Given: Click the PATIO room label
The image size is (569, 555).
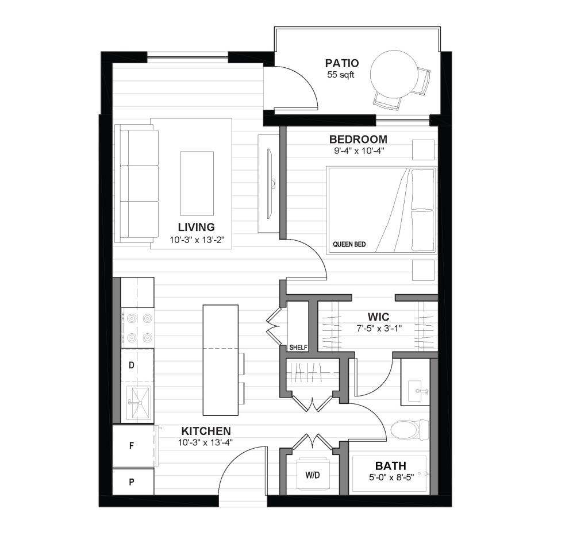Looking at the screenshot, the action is (342, 63).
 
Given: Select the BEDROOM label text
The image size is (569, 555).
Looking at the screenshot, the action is (358, 139).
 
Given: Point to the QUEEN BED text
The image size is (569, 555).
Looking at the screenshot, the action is (349, 245).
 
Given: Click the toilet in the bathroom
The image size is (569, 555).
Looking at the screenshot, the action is (410, 430).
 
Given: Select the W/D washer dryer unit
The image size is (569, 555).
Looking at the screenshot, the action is (313, 475).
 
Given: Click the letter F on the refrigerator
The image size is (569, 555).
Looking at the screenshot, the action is (132, 445).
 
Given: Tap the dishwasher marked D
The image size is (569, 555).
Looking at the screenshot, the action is (137, 365).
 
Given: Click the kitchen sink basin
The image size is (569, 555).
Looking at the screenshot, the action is (139, 402).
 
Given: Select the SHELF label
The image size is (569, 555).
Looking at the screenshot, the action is (298, 348).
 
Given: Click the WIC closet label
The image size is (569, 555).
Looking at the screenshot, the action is (378, 317).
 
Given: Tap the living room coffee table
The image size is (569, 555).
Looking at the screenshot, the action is (197, 183).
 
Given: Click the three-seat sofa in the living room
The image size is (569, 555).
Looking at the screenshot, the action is (136, 183).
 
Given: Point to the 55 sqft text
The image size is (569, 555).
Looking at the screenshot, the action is (340, 75).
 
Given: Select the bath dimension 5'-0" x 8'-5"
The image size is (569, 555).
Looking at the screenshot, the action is (391, 477).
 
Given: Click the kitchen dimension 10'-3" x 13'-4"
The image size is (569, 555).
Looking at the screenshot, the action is (205, 442).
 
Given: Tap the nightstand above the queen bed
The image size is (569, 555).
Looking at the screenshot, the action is (423, 149).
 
